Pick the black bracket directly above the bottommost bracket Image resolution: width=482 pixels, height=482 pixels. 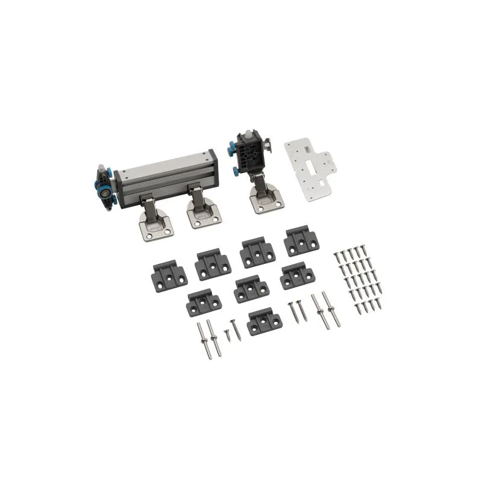coord(251,289)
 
